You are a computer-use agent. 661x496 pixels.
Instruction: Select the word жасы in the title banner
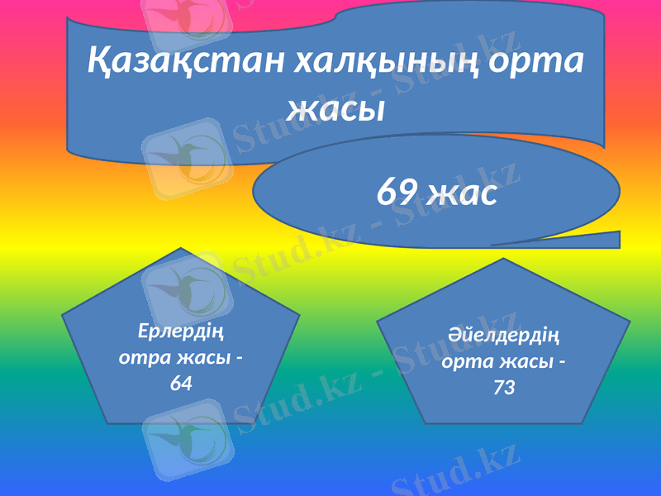[335, 107]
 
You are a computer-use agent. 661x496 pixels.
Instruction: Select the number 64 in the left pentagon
[181, 383]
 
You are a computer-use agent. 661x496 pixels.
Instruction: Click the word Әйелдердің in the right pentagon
[503, 336]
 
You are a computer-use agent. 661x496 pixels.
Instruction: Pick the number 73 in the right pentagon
[503, 386]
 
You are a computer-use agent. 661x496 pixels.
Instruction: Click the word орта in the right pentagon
[468, 361]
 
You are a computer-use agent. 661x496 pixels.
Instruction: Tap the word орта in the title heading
[545, 60]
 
